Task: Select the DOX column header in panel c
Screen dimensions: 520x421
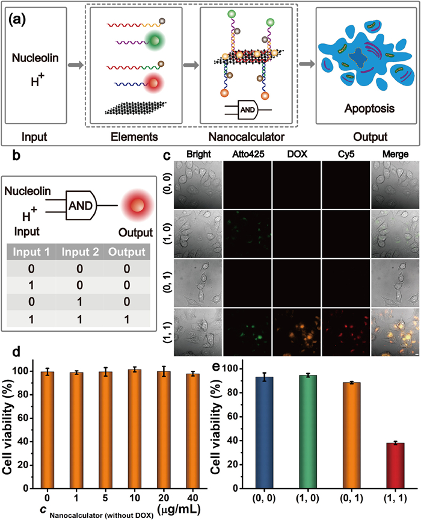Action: (297, 155)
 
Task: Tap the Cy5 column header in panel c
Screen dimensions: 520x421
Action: (346, 155)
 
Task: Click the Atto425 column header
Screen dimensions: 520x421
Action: (247, 155)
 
